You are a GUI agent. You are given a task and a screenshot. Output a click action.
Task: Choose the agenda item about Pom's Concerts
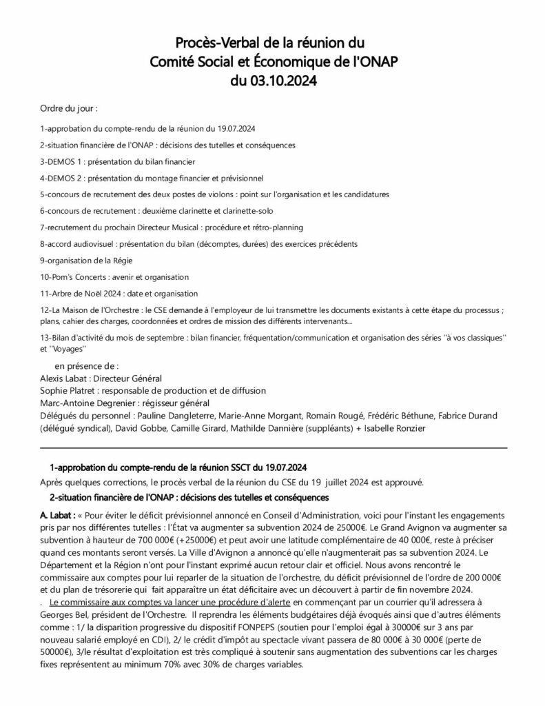[x=114, y=277]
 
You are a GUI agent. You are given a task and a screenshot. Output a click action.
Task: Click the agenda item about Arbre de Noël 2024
[x=119, y=294]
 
